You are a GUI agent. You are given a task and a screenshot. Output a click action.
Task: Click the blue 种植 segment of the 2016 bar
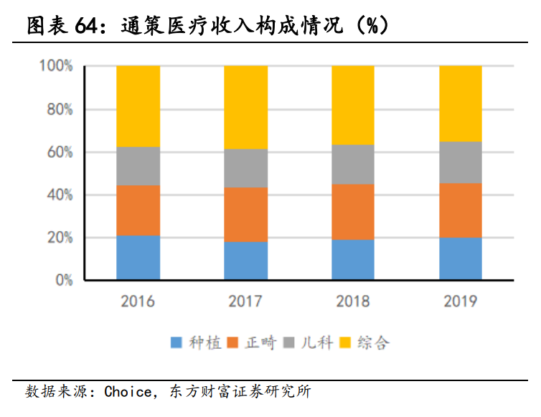click(x=138, y=258)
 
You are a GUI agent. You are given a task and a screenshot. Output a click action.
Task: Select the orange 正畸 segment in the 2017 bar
click(x=245, y=215)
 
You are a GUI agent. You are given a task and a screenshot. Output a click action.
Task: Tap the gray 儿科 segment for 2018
click(x=353, y=164)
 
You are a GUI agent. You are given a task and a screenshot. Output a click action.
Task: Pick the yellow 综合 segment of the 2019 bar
click(x=461, y=103)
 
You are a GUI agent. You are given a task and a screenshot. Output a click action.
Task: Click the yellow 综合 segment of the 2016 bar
click(x=138, y=106)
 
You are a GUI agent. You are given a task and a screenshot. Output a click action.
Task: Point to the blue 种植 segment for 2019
click(x=461, y=258)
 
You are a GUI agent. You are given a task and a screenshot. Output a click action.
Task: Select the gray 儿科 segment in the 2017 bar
click(x=245, y=168)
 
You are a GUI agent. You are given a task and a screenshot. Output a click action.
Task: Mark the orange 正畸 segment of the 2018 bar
click(x=353, y=212)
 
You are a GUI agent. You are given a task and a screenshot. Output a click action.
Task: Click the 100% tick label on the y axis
click(x=56, y=67)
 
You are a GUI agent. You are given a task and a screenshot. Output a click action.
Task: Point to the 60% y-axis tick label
click(x=59, y=152)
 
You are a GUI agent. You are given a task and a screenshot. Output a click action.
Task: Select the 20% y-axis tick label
click(x=59, y=238)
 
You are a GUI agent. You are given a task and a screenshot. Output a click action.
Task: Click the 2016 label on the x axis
click(x=138, y=301)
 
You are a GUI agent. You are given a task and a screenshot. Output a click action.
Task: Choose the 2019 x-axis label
click(x=461, y=301)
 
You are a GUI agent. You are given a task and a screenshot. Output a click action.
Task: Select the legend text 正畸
click(x=260, y=343)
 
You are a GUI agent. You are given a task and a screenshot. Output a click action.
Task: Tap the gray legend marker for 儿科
click(x=291, y=343)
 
